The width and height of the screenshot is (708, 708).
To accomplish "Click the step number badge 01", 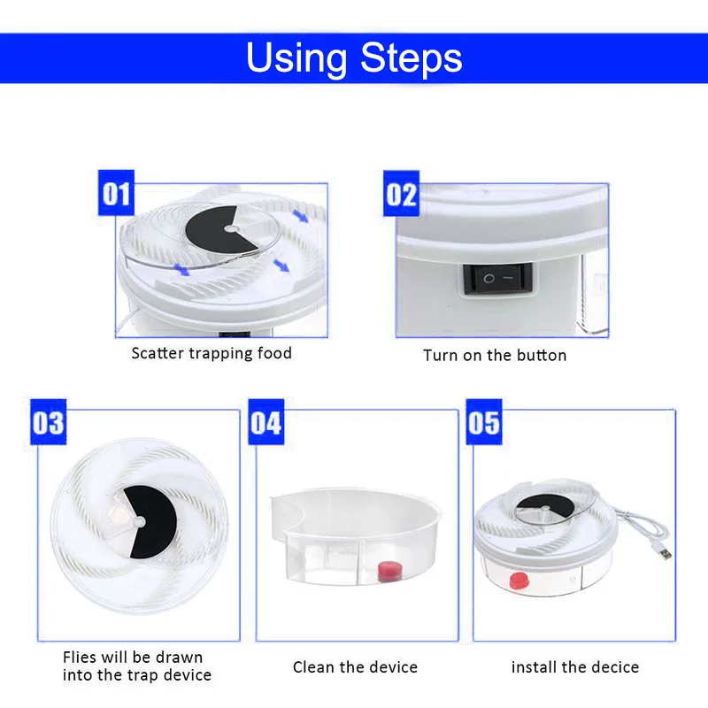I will [115, 194].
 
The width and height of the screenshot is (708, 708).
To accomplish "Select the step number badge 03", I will [48, 421].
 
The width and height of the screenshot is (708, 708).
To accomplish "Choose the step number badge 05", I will [483, 421].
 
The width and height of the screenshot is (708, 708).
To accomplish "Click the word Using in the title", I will [296, 58].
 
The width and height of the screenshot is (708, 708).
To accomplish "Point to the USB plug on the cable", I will [661, 553].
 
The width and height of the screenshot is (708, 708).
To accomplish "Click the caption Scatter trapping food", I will [212, 353].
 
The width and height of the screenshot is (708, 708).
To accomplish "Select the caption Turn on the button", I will [495, 355].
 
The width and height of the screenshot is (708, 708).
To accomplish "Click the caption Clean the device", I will [355, 666].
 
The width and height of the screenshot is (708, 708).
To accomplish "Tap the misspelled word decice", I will [613, 666].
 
